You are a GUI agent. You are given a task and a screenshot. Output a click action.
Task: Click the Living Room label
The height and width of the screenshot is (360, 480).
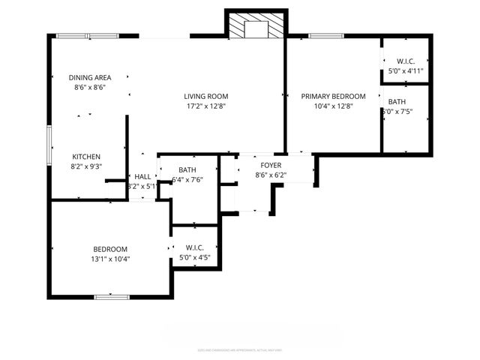pyautogui.click(x=206, y=96)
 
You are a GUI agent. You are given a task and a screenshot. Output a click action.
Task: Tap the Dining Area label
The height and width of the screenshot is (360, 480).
pyautogui.click(x=90, y=77)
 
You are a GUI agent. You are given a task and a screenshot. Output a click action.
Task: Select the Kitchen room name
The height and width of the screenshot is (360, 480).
pyautogui.click(x=86, y=156)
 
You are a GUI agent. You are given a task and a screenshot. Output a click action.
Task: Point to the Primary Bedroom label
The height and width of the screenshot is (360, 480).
pyautogui.click(x=333, y=96)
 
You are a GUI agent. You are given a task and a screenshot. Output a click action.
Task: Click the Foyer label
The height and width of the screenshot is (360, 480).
pyautogui.click(x=271, y=165)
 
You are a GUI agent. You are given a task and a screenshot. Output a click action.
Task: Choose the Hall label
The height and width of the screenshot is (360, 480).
pyautogui.click(x=142, y=176)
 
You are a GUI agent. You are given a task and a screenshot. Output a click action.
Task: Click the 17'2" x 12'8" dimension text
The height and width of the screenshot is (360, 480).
pyautogui.click(x=206, y=106)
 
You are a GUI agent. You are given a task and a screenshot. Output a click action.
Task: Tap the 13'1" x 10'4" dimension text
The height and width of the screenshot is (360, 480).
pyautogui.click(x=110, y=259)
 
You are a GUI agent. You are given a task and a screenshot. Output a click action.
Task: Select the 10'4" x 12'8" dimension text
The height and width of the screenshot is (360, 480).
pyautogui.click(x=333, y=106)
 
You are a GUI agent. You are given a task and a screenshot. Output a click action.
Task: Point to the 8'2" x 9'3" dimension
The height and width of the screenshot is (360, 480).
pyautogui.click(x=86, y=166)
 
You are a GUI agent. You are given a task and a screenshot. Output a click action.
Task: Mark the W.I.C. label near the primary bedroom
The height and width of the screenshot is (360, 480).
pyautogui.click(x=406, y=61)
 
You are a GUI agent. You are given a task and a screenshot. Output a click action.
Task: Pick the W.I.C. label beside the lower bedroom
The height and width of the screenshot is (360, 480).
pyautogui.click(x=194, y=247)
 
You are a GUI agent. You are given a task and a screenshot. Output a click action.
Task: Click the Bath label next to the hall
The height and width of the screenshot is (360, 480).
pyautogui.click(x=187, y=169)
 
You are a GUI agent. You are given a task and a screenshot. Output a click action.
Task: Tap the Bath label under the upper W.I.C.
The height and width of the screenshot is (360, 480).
pyautogui.click(x=397, y=101)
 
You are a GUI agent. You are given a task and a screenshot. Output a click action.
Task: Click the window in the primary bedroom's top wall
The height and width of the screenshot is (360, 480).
pyautogui.click(x=326, y=35)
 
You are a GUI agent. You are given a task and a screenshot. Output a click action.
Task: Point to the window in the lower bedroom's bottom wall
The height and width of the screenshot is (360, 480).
pyautogui.click(x=110, y=297)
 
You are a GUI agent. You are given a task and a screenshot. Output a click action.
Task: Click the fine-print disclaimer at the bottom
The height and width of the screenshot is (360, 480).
pyautogui.click(x=240, y=349)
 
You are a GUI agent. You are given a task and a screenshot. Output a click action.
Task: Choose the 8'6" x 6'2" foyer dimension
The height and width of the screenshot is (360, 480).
pyautogui.click(x=271, y=175)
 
